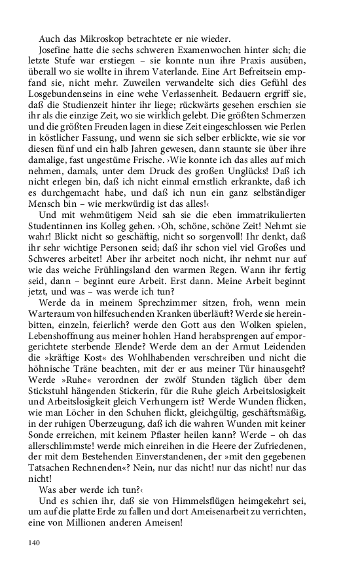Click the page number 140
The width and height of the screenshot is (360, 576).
[x=35, y=543]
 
